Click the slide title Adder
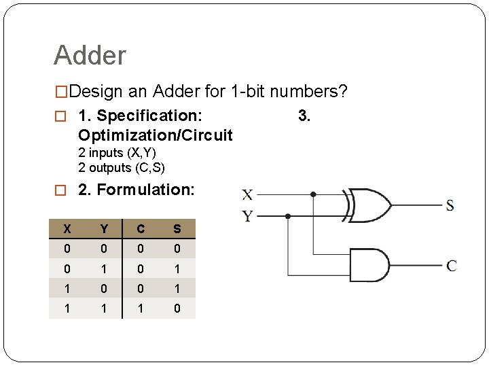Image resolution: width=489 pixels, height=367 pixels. click(90, 55)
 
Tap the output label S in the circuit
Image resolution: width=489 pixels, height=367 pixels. click(450, 205)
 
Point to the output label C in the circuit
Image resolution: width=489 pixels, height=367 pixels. click(451, 266)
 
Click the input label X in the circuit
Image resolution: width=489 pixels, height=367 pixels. click(248, 195)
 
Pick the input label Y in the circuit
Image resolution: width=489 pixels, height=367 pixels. click(248, 216)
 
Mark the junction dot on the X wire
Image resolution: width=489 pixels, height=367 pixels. click(313, 194)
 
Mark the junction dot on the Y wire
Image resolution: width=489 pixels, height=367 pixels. click(288, 216)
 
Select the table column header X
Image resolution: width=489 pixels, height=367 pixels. click(67, 229)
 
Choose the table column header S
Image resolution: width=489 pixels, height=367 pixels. click(177, 229)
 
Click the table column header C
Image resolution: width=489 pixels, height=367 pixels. click(140, 229)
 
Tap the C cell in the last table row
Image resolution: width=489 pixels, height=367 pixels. click(140, 308)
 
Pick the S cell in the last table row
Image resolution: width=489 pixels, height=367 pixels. click(177, 308)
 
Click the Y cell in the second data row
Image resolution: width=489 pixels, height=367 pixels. click(103, 268)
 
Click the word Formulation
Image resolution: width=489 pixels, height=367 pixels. click(145, 190)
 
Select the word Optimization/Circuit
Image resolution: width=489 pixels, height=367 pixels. click(156, 135)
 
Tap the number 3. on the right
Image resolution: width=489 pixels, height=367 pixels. click(304, 116)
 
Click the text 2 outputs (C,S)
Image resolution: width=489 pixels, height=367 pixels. click(122, 167)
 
